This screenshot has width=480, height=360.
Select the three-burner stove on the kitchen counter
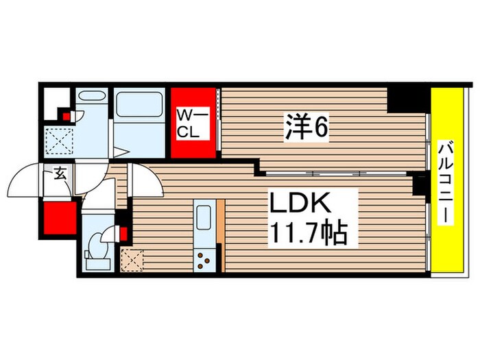coord(204,259)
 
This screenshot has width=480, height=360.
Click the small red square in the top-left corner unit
coord(66,116)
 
